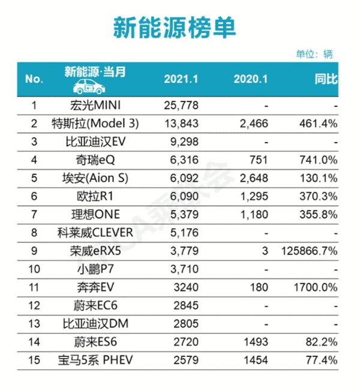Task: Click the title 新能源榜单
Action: point(173,27)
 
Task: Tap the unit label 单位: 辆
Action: point(314,54)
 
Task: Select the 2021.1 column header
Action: point(181,79)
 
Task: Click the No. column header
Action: point(34,79)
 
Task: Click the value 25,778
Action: point(181,106)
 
